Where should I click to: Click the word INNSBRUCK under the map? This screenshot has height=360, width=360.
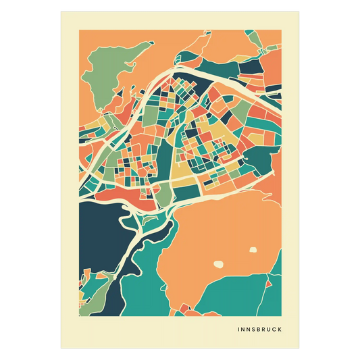coord(260,330)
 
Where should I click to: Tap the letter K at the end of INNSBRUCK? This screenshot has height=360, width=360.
coord(280,330)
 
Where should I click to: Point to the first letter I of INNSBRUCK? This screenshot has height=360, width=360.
coord(239,330)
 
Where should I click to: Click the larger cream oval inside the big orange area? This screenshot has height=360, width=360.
coord(218,264)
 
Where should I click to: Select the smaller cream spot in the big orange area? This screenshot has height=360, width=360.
coord(253,249)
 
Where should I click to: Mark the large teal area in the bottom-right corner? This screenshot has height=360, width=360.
coord(243,297)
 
